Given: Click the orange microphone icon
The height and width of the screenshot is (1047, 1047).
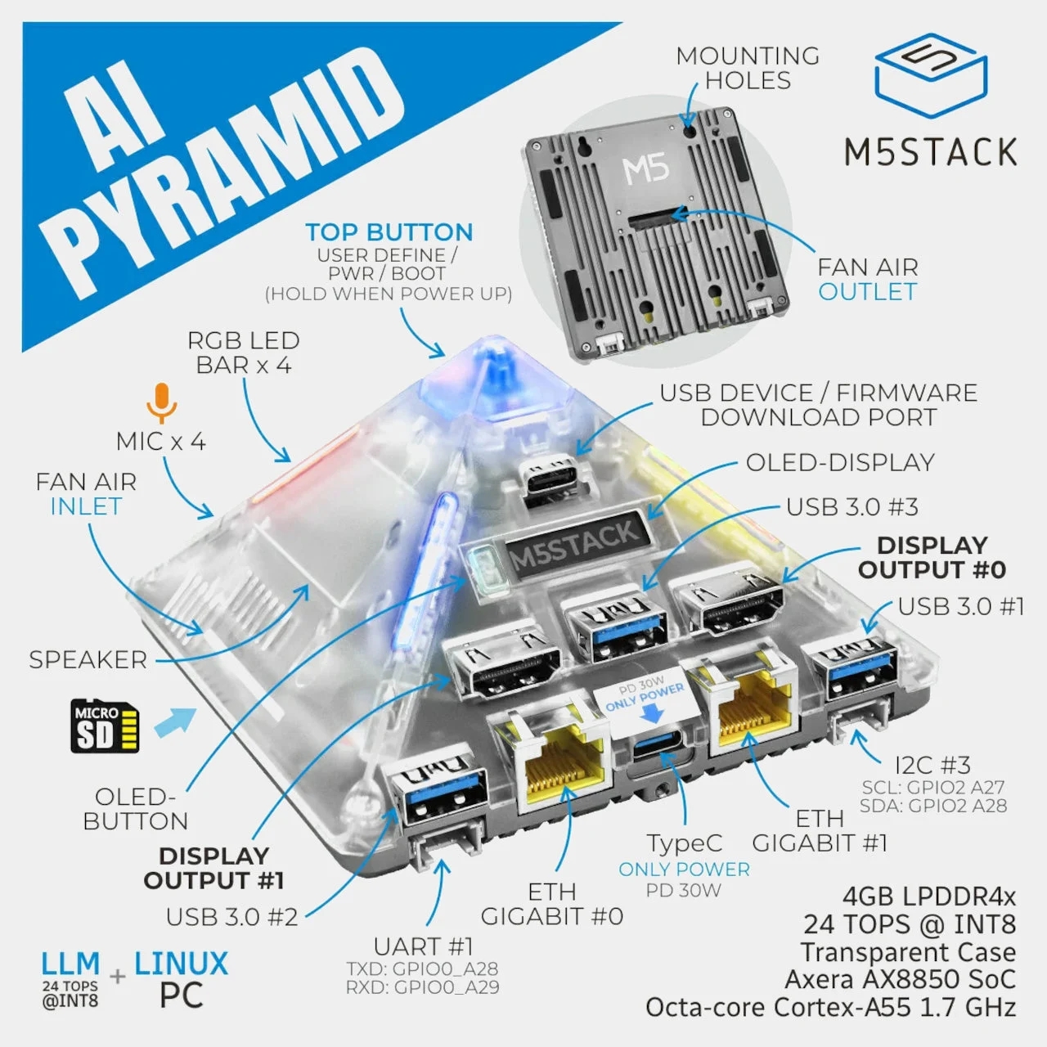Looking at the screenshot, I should [162, 402].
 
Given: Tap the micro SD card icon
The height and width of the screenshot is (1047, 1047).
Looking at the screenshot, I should [105, 726].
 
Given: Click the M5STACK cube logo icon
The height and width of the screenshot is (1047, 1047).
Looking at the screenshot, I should [930, 78].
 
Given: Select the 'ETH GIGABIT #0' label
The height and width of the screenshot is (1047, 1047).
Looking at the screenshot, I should [552, 904].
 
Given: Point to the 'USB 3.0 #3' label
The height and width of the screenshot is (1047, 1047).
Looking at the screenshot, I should [852, 507].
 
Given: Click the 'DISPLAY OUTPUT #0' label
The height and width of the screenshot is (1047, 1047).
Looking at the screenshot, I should [932, 557].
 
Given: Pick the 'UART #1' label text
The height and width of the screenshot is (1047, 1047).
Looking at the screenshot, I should [423, 946].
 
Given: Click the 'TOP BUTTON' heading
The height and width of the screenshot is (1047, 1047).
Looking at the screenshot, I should [389, 232].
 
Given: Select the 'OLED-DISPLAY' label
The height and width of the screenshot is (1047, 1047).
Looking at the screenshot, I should [839, 462].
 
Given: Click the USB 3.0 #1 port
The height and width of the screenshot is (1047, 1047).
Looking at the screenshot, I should [850, 672].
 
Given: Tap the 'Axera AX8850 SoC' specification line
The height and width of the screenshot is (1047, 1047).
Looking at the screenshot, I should [900, 979].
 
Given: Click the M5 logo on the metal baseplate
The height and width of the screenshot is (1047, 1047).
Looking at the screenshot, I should [645, 169].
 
